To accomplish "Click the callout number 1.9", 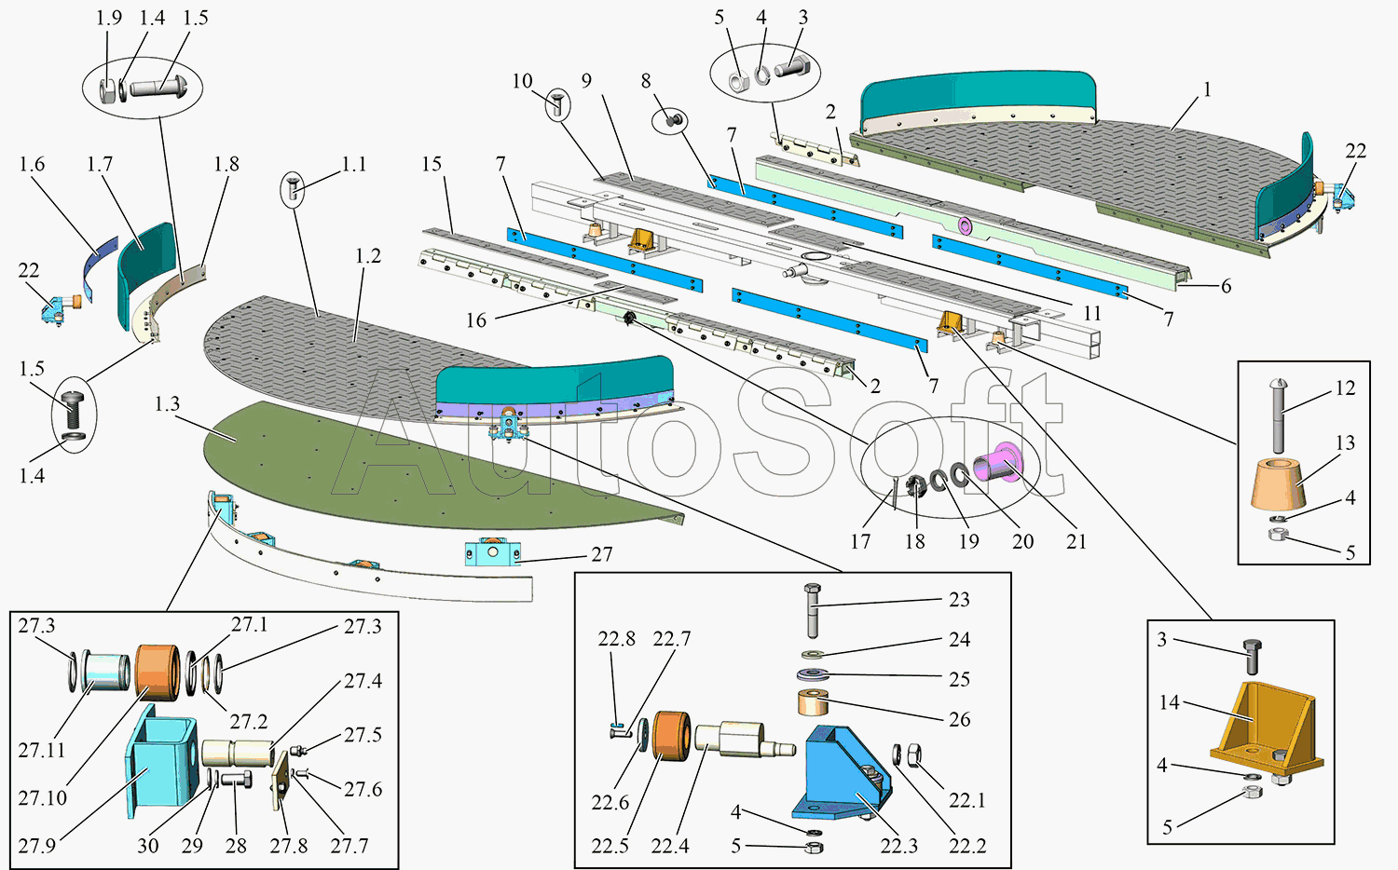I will [x=109, y=18].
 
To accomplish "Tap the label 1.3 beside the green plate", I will [x=168, y=404].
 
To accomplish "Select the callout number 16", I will [x=476, y=320].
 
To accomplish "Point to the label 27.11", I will [x=42, y=750].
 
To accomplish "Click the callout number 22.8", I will [x=616, y=639].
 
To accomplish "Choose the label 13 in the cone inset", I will [x=1345, y=442].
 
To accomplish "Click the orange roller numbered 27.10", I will [x=156, y=672].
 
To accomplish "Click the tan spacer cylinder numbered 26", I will [x=813, y=702].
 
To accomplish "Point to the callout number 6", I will [x=1227, y=286].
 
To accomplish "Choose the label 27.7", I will [x=349, y=846].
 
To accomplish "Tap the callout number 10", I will [x=522, y=81].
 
